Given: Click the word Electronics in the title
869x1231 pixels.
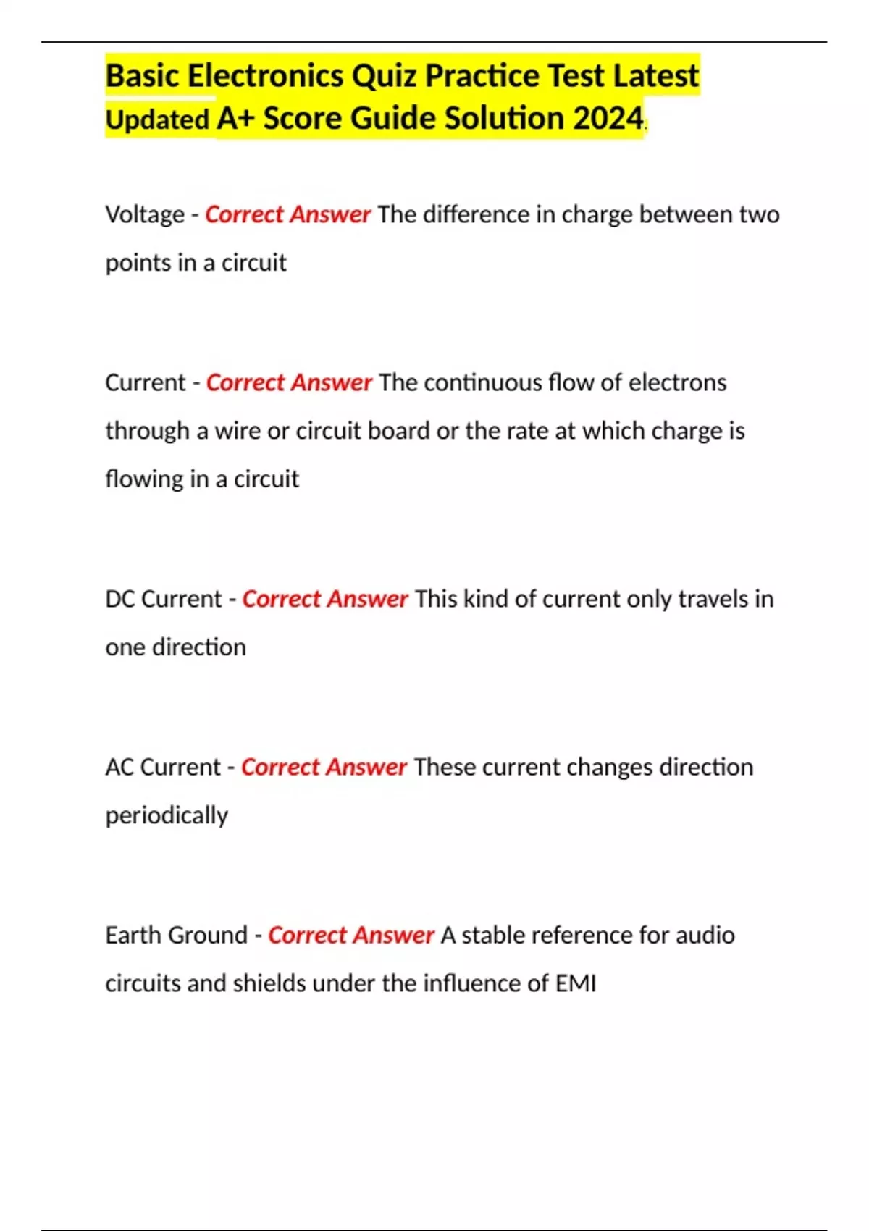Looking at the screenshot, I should coord(266,76).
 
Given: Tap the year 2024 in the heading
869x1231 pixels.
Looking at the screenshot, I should coord(608,119).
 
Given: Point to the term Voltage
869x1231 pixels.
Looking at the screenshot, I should coord(145,215).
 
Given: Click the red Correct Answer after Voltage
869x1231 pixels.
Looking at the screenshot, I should coord(287,215).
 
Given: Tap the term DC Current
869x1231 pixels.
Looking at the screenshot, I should coord(164,599).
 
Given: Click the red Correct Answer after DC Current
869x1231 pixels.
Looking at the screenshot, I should coord(325,599).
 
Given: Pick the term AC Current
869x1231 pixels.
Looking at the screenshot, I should coord(163,767).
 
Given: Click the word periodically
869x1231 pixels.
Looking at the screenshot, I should coord(167,815).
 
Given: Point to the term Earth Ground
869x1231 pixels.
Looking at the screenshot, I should coord(177,935).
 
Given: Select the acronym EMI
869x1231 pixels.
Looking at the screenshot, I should coord(576,983).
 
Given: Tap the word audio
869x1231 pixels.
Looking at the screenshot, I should coord(705,935).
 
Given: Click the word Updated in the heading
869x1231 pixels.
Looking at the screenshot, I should coord(157,120).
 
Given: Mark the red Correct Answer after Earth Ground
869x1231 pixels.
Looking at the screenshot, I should coord(351,935).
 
